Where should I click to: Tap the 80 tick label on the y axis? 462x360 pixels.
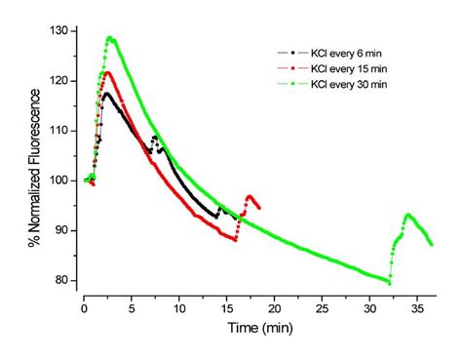pyautogui.click(x=67, y=281)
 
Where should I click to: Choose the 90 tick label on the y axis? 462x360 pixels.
pyautogui.click(x=67, y=231)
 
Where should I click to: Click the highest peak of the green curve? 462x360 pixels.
pyautogui.click(x=110, y=38)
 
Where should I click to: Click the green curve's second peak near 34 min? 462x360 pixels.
pyautogui.click(x=407, y=215)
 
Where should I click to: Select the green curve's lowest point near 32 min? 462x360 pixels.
pyautogui.click(x=389, y=283)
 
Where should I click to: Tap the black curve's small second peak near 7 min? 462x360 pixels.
pyautogui.click(x=155, y=138)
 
